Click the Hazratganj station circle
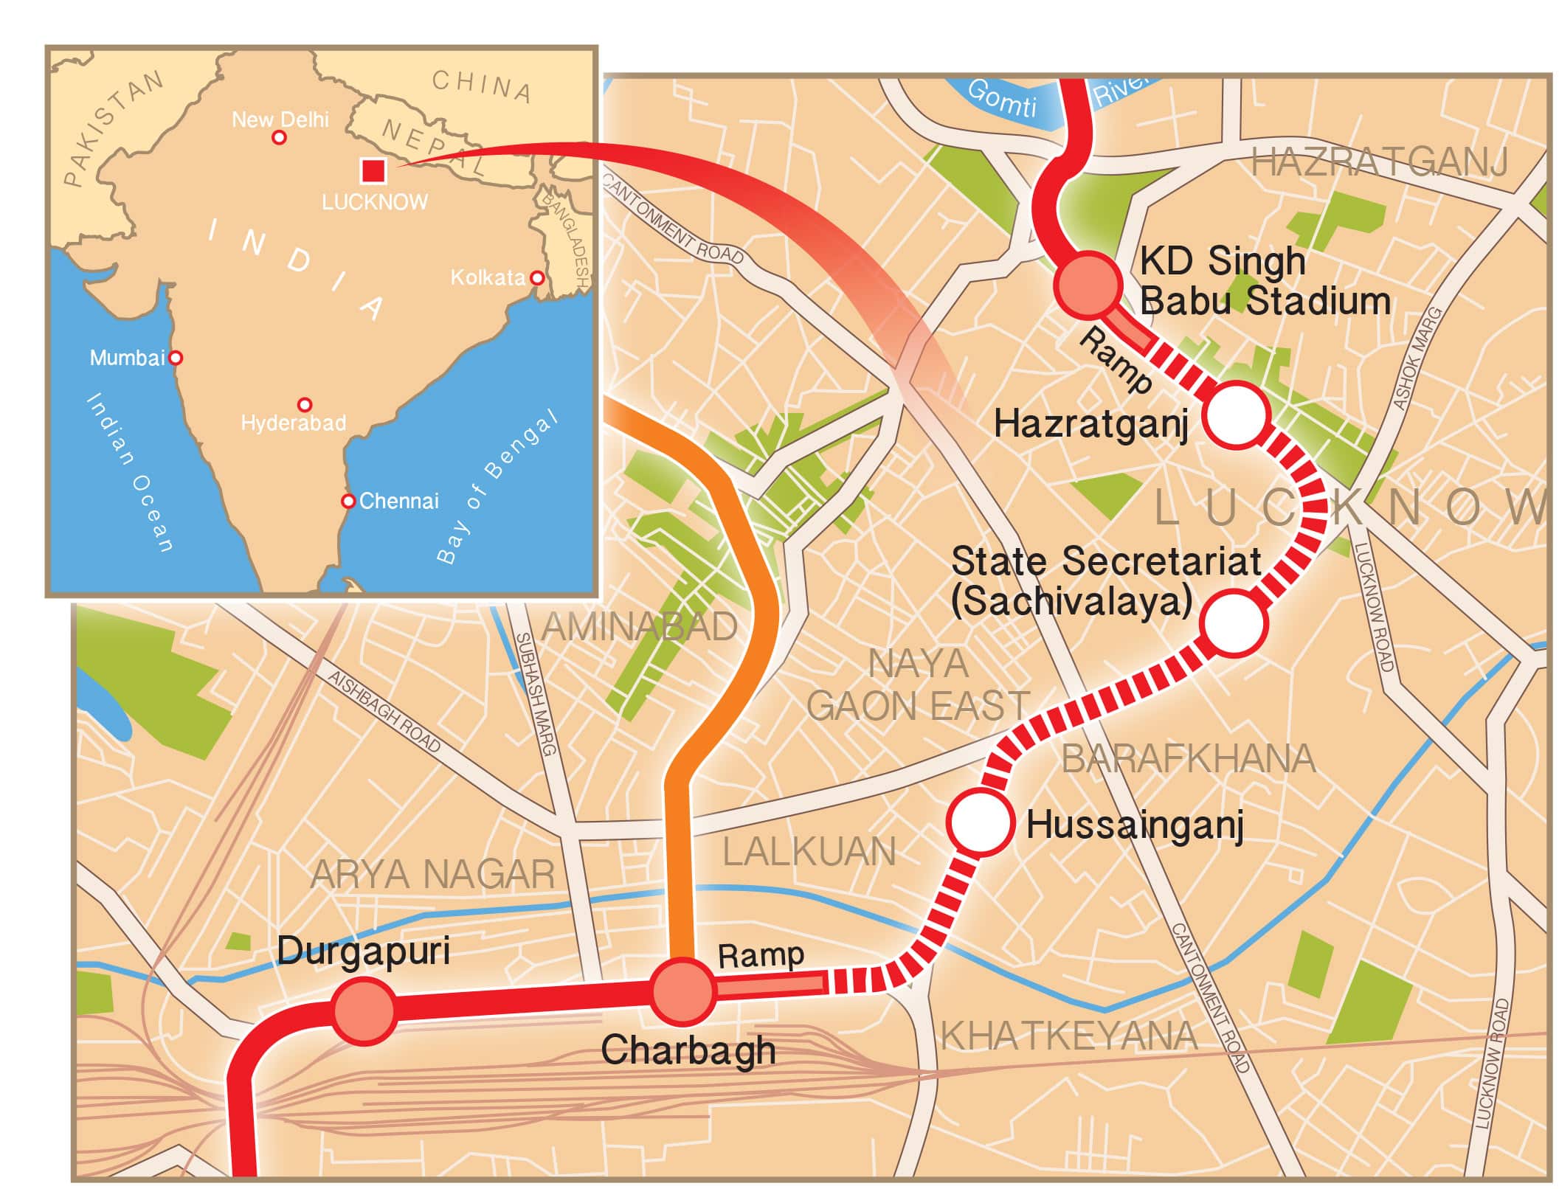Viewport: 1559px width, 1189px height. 1235,415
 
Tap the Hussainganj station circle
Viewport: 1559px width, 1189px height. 981,822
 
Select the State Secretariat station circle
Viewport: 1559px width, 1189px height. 1233,623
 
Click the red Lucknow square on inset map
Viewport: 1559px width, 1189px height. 373,170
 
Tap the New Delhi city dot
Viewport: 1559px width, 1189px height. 279,137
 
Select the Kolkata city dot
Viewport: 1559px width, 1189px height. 537,278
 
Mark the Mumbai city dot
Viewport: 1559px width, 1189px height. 176,358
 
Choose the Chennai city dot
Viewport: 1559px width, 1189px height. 348,501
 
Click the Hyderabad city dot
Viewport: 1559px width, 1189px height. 304,404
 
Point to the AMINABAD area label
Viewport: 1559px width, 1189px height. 639,627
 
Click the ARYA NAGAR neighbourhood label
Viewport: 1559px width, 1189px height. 432,875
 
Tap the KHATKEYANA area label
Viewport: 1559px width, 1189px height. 1068,1036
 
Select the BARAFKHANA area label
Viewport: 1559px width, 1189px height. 1188,759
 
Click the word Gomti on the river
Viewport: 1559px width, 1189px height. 1001,99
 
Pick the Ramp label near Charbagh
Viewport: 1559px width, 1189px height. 760,955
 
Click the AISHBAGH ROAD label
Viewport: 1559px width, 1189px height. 384,711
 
